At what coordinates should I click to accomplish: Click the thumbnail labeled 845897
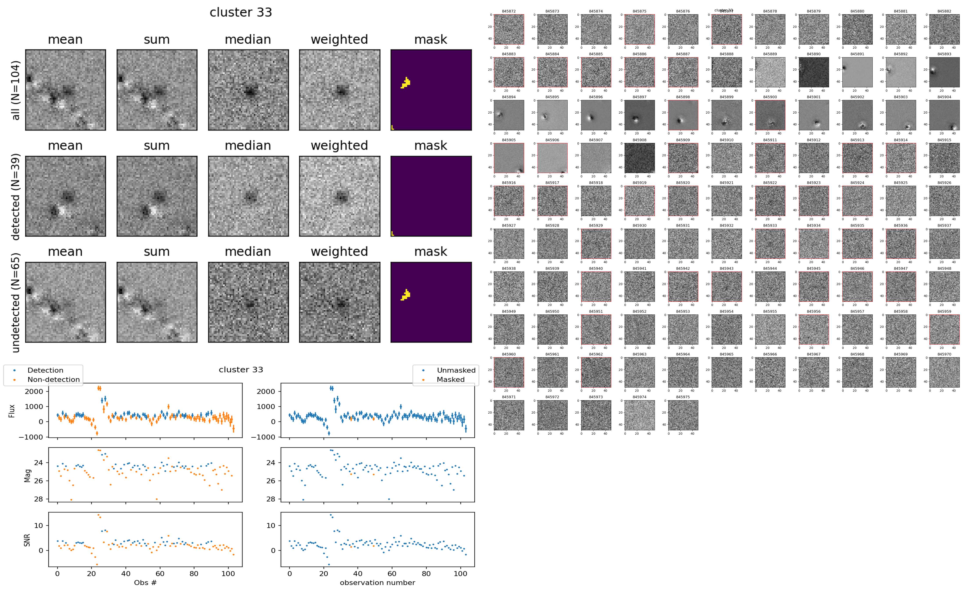[x=639, y=115]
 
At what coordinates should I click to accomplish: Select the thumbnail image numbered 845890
[x=814, y=72]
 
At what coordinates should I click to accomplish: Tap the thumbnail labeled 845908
[x=639, y=158]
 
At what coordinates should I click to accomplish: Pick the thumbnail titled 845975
[x=683, y=415]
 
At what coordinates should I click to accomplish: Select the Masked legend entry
[x=450, y=379]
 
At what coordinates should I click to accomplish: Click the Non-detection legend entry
[x=53, y=379]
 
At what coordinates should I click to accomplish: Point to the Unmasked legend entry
[x=456, y=370]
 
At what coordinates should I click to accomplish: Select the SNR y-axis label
[x=27, y=540]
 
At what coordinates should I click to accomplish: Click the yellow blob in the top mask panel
[x=406, y=83]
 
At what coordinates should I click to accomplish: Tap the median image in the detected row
[x=248, y=196]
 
